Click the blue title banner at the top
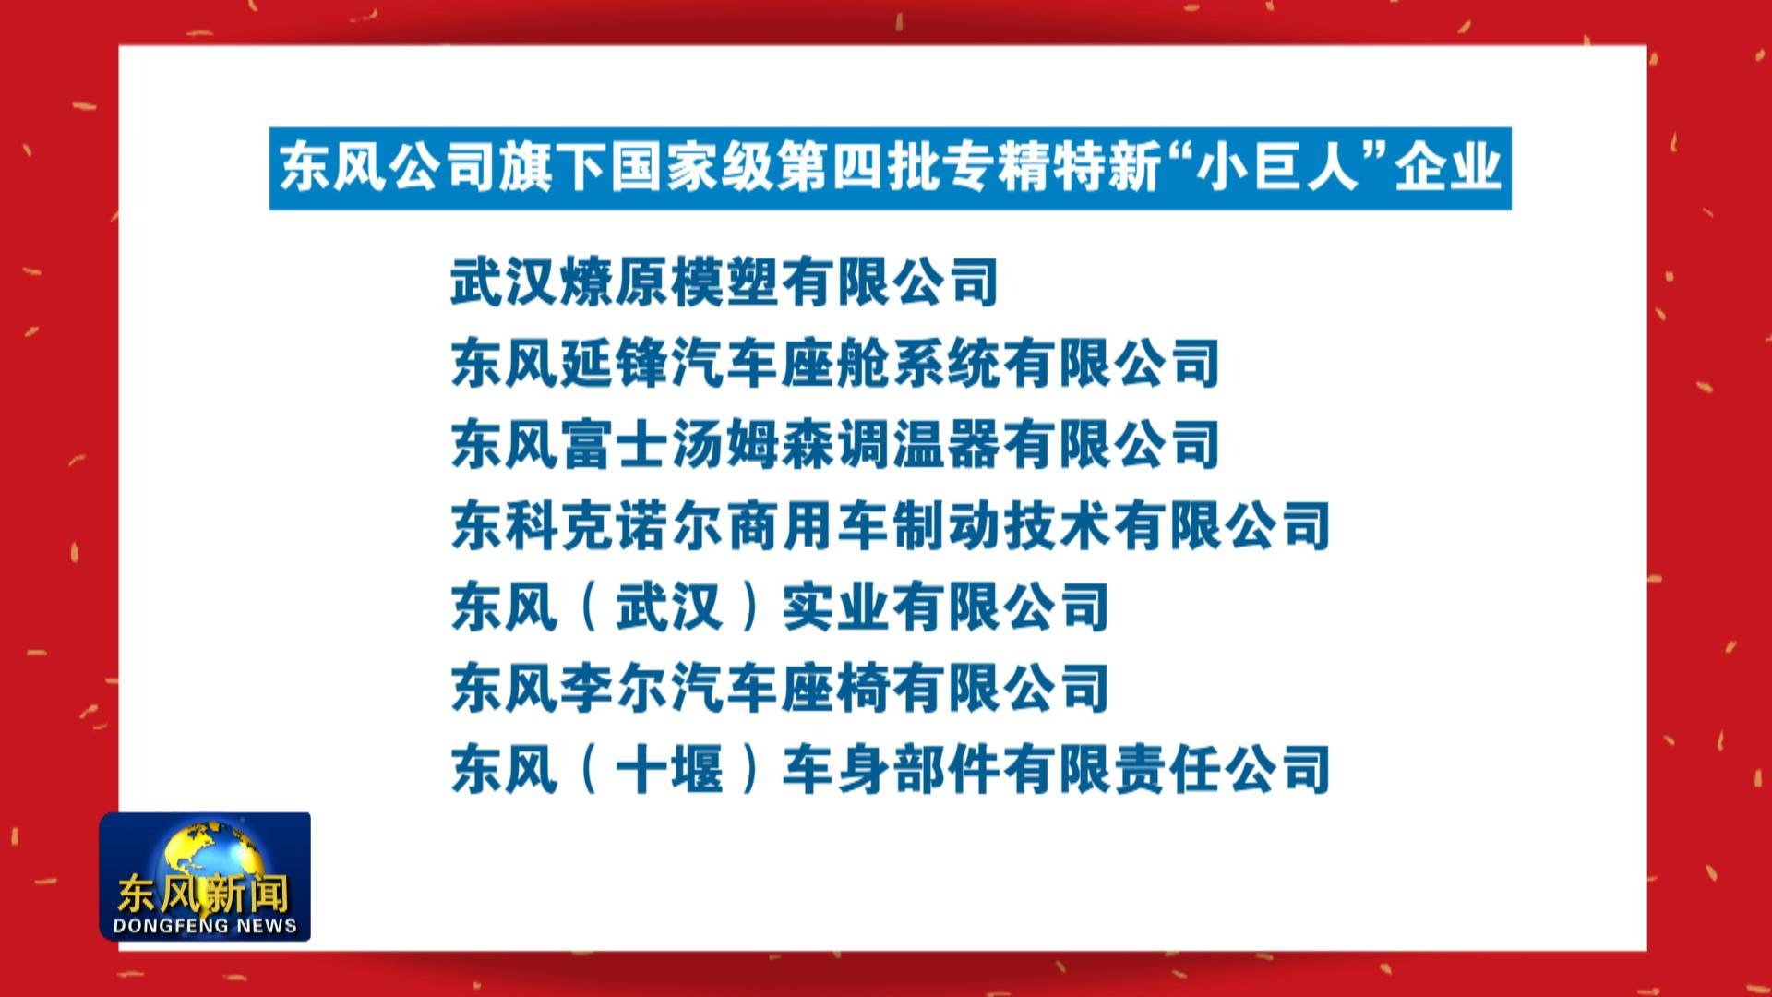890,168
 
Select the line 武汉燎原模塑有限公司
724,282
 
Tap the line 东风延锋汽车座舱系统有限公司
835,363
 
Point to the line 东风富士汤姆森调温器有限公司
835,444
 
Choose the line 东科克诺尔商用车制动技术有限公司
890,525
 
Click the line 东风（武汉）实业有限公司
780,607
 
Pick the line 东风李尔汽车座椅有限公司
780,688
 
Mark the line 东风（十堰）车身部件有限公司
890,769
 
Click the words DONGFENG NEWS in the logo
205,925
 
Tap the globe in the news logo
205,854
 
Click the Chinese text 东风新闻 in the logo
203,892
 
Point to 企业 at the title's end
1446,168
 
